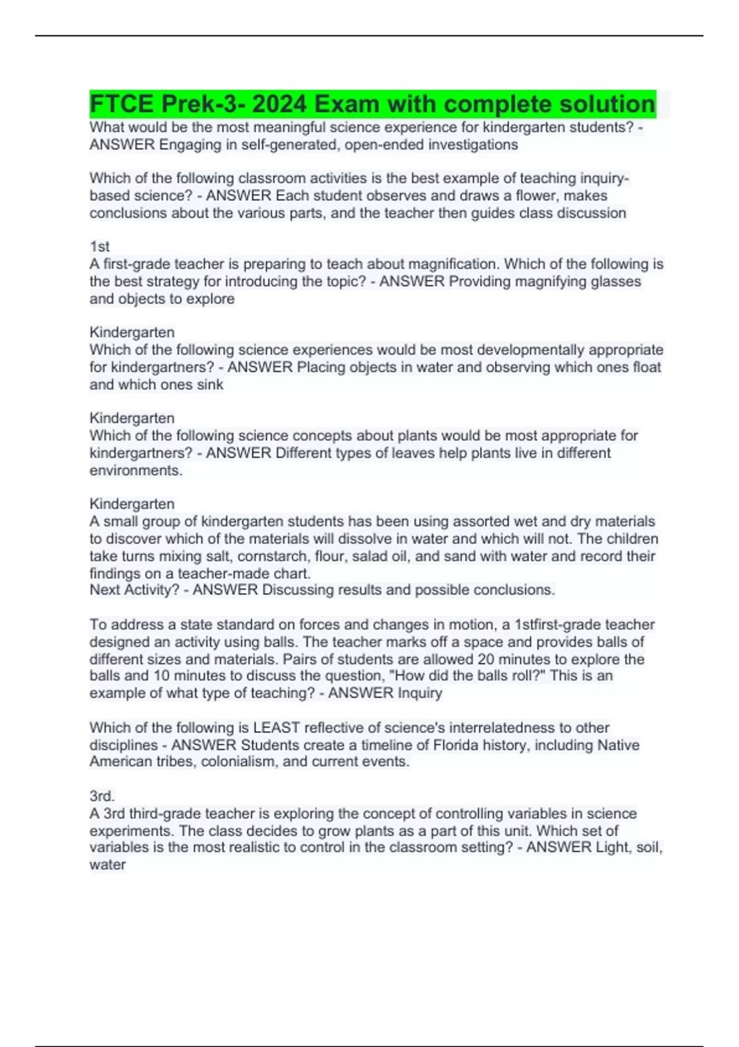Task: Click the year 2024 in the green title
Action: pyautogui.click(x=278, y=104)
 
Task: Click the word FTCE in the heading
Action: pyautogui.click(x=121, y=104)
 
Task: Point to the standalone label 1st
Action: pyautogui.click(x=100, y=247)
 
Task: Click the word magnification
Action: pyautogui.click(x=453, y=264)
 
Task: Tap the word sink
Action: pyautogui.click(x=209, y=384)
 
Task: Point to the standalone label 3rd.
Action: pyautogui.click(x=102, y=796)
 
